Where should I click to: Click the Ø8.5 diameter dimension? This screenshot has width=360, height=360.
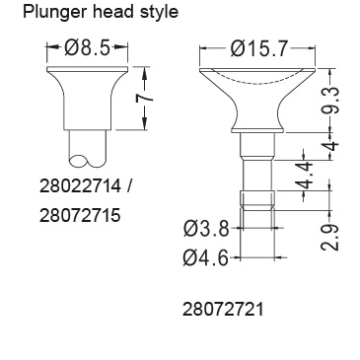pos(87,47)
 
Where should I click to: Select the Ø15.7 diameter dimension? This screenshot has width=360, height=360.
pos(259,48)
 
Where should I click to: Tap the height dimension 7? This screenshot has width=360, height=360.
pos(145,99)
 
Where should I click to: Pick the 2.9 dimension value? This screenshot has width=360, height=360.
pos(329,238)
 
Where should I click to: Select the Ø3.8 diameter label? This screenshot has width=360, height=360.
pos(206,228)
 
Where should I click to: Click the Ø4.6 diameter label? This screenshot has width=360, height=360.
pos(206,257)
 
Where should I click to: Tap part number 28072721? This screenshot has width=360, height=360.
pos(223,310)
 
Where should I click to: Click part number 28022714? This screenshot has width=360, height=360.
pos(80,186)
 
